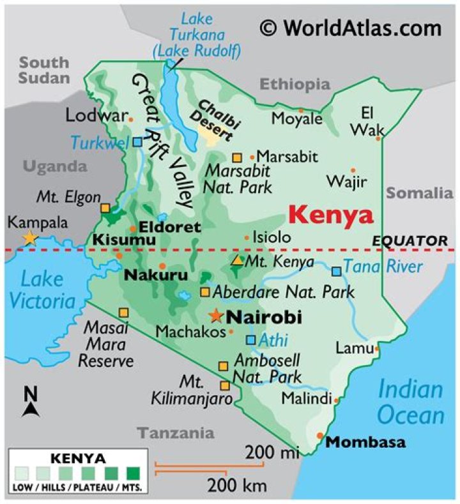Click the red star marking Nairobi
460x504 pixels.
click(217, 316)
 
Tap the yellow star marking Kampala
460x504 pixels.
click(29, 238)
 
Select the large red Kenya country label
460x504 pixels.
click(330, 215)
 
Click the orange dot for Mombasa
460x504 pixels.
click(320, 436)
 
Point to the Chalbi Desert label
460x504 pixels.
click(214, 119)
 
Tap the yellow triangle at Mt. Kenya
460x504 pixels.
click(237, 260)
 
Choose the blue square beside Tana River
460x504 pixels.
click(336, 271)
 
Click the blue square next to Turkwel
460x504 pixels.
click(137, 142)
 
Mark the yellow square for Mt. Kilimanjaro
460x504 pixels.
click(225, 386)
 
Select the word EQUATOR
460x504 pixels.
click(410, 240)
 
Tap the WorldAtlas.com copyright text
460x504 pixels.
click(350, 28)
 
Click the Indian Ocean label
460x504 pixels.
click(410, 402)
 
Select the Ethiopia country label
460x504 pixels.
click(295, 84)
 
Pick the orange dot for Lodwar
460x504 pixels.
click(130, 119)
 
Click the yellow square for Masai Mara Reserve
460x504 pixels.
click(123, 313)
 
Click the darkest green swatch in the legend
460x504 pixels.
click(134, 474)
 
